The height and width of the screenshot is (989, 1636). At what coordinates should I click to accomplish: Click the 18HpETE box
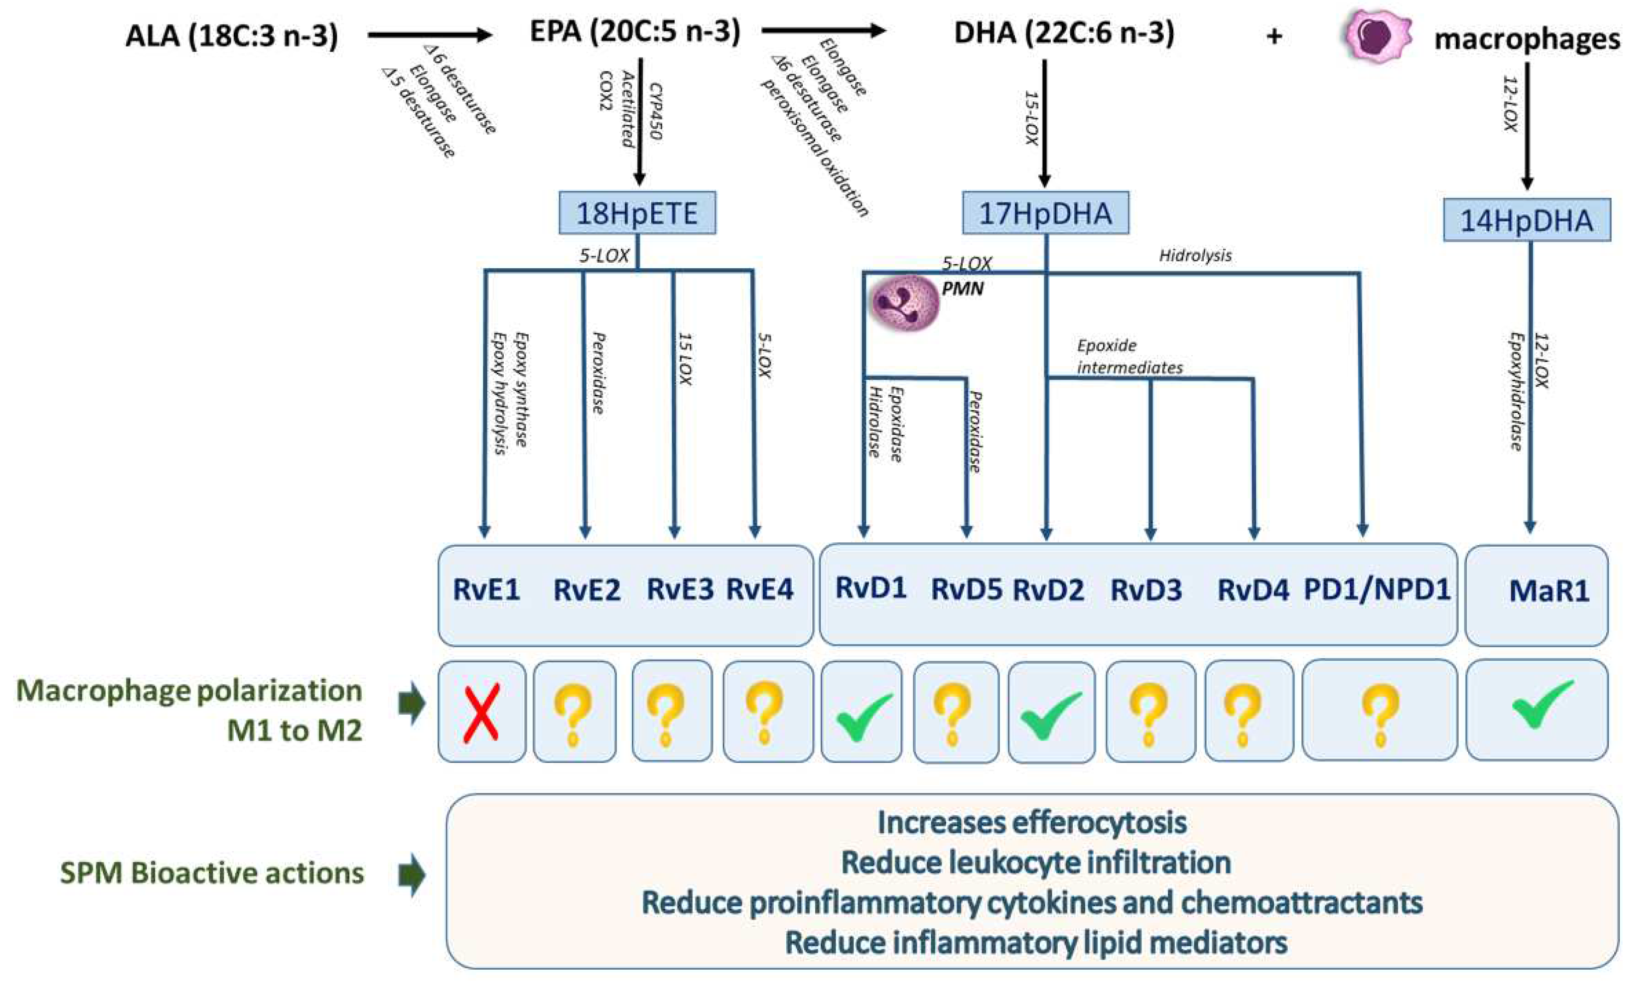[637, 213]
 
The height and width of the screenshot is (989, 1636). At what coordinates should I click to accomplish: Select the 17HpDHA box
[1045, 213]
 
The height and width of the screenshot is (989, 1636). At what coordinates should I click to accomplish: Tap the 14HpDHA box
[1526, 220]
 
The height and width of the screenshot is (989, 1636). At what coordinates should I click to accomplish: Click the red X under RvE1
[482, 713]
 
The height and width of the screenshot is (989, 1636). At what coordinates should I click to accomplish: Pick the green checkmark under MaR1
[1542, 705]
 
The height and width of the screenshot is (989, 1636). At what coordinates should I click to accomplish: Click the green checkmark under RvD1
[864, 717]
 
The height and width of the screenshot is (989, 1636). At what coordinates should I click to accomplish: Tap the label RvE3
[680, 589]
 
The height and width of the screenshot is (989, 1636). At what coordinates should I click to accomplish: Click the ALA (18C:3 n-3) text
[232, 35]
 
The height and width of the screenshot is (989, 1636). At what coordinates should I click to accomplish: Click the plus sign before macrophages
[1273, 36]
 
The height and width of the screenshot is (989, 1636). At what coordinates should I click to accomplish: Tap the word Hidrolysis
[1195, 256]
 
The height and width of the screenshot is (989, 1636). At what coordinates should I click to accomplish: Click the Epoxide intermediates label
[1129, 356]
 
